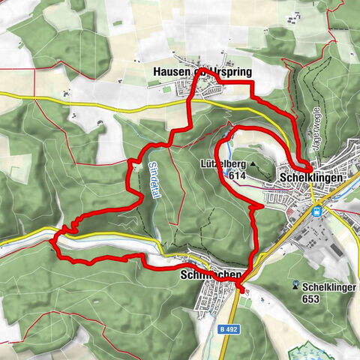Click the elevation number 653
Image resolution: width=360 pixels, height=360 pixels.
pyautogui.click(x=311, y=299)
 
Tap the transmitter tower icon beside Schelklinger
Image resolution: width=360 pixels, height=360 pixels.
pyautogui.click(x=298, y=286)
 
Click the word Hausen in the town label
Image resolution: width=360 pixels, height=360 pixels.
pyautogui.click(x=173, y=73)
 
